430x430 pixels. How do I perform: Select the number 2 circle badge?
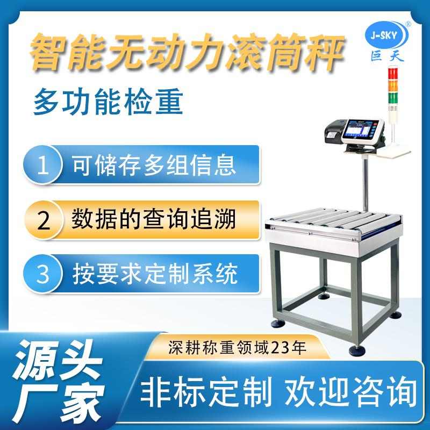(44, 221)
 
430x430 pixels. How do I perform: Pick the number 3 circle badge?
(44, 276)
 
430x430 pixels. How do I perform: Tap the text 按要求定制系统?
(154, 275)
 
